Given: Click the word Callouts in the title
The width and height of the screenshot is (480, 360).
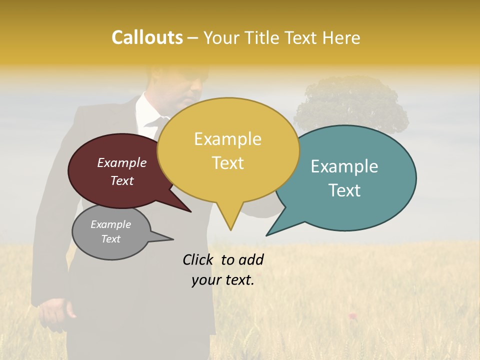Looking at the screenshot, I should tap(147, 37).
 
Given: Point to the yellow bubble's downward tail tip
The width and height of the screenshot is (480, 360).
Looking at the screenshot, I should tap(230, 229).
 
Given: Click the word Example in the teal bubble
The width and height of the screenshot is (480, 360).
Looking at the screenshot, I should tap(344, 166).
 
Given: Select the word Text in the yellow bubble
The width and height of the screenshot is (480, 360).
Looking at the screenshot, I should tap(228, 163).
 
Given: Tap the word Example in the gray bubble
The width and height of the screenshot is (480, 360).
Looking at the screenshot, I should tap(110, 224).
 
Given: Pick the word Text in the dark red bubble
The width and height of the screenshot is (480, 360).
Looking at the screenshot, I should tap(122, 181).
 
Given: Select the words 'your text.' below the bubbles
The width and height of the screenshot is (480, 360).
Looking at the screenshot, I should tap(223, 280).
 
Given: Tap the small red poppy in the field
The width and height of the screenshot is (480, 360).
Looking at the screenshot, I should tap(352, 315).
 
